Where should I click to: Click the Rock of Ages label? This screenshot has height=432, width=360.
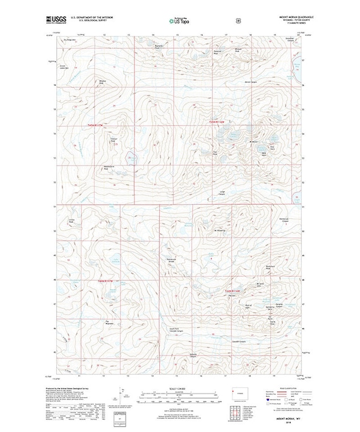[248, 305]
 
